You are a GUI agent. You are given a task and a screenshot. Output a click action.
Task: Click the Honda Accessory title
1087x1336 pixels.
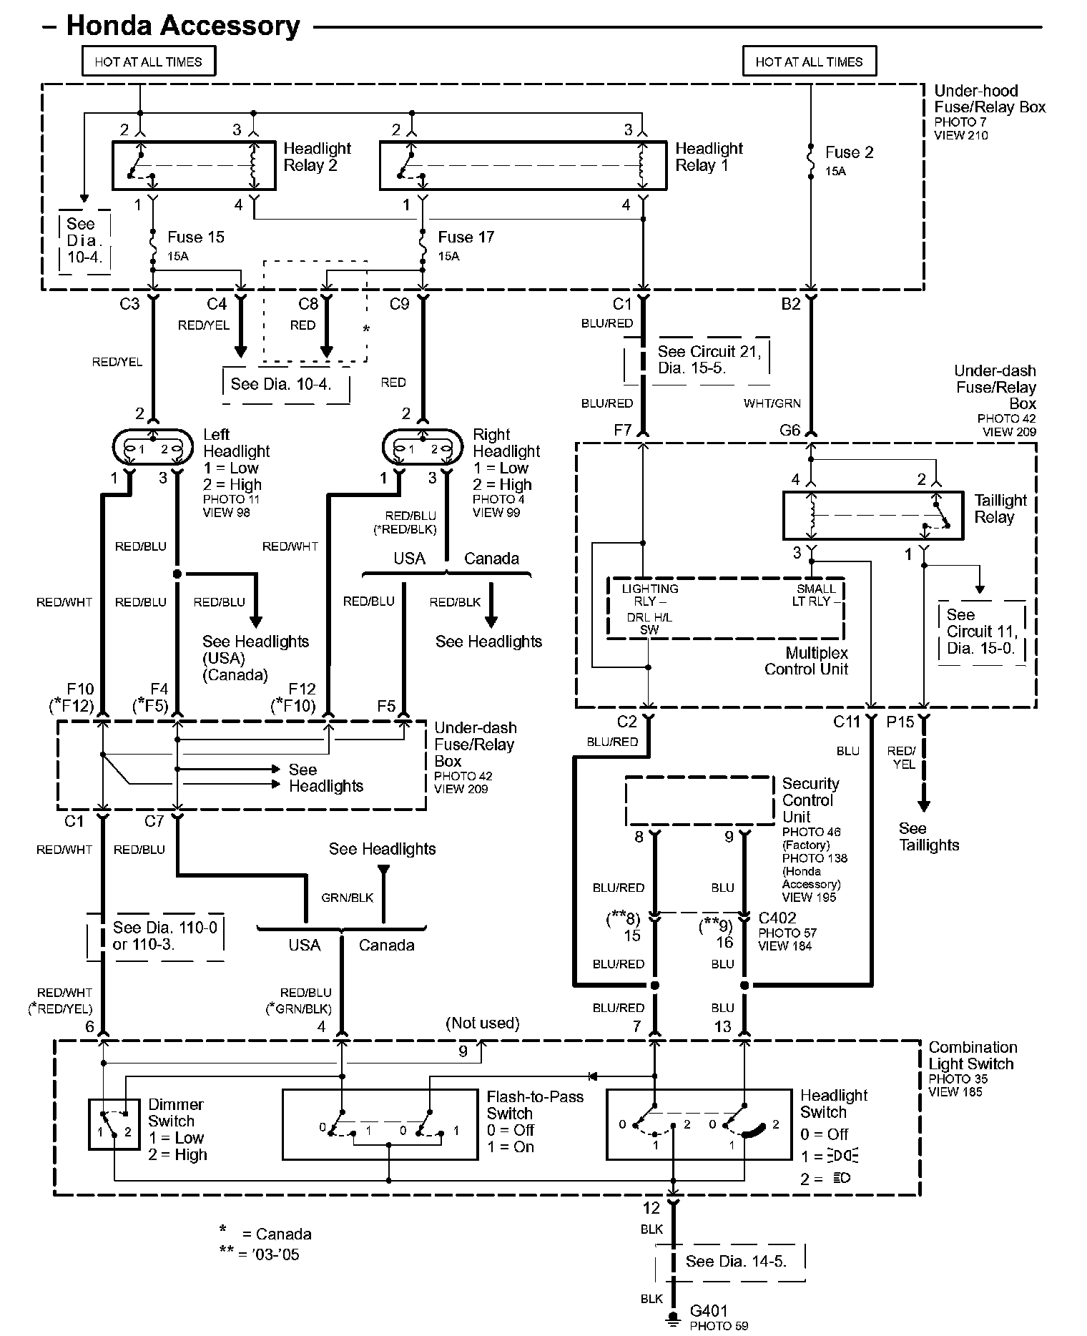click(183, 26)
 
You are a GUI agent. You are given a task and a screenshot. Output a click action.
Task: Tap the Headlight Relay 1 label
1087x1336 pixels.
click(709, 157)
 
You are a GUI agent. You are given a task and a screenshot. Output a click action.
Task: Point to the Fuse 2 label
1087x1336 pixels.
click(849, 152)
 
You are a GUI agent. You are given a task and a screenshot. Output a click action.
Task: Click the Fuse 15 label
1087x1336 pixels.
click(195, 237)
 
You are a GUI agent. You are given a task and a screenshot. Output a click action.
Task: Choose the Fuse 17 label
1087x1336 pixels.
click(466, 237)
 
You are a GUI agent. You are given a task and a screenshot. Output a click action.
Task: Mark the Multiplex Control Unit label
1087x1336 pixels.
click(806, 661)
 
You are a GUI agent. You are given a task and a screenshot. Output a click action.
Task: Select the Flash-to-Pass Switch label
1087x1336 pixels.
click(535, 1105)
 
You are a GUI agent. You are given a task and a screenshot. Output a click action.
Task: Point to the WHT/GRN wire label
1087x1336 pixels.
click(772, 403)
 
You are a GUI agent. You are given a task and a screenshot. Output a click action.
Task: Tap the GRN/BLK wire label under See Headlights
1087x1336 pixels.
click(348, 898)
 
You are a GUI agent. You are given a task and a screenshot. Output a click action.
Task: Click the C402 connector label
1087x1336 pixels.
click(777, 918)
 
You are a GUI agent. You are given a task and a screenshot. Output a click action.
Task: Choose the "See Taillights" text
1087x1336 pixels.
click(929, 837)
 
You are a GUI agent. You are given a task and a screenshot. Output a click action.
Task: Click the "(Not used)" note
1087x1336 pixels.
click(483, 1023)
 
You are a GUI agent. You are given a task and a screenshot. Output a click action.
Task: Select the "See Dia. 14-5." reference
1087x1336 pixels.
click(736, 1261)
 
